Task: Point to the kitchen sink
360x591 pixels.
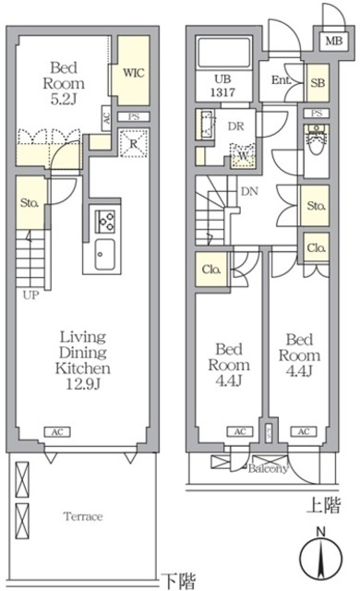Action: coord(102,253)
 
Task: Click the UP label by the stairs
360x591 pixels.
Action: coord(31,296)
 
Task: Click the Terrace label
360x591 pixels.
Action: coord(82,516)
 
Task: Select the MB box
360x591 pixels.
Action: coord(330,40)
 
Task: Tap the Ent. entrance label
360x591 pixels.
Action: coord(281,81)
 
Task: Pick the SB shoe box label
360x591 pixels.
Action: coord(318,83)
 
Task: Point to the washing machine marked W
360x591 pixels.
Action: coord(243,155)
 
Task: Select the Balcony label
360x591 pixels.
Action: coord(268,468)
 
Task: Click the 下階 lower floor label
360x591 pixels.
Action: coord(179,581)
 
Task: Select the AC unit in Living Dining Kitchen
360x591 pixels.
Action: coord(56,431)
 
